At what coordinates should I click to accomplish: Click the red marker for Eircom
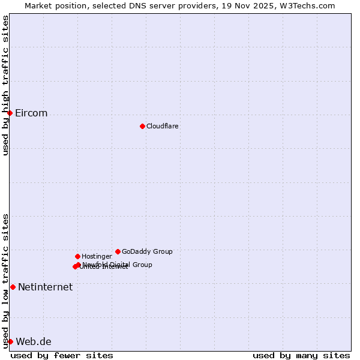click(x=10, y=113)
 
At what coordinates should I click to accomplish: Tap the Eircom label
click(x=31, y=113)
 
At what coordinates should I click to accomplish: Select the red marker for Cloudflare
click(x=142, y=126)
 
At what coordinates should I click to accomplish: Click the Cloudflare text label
click(x=162, y=126)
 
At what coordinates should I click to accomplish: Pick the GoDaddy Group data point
click(x=118, y=251)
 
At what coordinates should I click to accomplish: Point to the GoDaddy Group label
click(x=147, y=251)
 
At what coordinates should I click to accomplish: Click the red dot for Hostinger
click(x=77, y=256)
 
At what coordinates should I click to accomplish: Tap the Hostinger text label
click(x=97, y=256)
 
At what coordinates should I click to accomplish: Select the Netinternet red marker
click(x=13, y=287)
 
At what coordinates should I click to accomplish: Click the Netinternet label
click(x=45, y=287)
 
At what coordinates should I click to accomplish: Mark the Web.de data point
click(x=10, y=341)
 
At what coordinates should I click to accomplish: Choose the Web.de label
click(x=34, y=342)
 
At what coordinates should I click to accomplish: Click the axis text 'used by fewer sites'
click(x=62, y=355)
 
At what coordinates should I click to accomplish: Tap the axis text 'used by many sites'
click(x=301, y=355)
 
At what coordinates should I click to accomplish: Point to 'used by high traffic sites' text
click(x=5, y=85)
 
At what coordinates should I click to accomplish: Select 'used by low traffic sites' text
click(x=5, y=281)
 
